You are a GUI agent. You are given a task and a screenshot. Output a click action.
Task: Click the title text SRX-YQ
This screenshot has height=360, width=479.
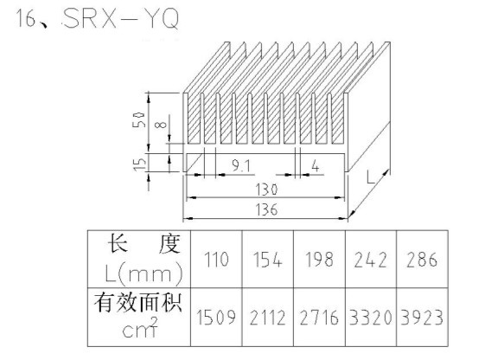pos(121,18)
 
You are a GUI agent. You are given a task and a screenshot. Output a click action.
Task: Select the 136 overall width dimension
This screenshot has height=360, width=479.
pos(266,210)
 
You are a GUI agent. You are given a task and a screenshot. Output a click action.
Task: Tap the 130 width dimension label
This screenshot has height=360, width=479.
pos(266,190)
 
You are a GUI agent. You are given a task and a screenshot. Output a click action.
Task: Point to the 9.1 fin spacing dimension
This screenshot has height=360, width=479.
pos(241,166)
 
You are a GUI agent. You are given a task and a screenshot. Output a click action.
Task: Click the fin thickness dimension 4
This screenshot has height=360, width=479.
pos(316,167)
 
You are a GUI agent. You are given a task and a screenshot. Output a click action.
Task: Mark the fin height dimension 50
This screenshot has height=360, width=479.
pos(138,119)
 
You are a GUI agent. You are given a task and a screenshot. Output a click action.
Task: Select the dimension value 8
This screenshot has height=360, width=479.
pos(161,125)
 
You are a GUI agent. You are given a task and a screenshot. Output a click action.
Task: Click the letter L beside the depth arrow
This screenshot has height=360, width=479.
pos(370,177)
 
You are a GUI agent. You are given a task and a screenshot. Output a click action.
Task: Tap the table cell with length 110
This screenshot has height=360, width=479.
pos(216,259)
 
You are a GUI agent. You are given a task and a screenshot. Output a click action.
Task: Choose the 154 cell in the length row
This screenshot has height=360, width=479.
pos(268,260)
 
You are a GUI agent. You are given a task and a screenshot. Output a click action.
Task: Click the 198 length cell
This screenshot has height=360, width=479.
pos(319,260)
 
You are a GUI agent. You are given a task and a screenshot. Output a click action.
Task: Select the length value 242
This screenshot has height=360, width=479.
pos(371,260)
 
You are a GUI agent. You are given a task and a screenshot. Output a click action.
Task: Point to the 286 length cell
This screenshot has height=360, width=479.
pos(422,260)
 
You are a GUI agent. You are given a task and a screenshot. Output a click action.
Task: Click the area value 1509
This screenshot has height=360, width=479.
pos(216,318)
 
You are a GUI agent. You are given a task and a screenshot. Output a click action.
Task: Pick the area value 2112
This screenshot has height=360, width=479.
pos(268,318)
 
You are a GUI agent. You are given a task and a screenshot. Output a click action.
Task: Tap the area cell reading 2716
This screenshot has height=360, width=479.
pos(319,318)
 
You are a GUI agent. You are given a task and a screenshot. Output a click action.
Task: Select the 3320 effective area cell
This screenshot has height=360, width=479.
pos(371,318)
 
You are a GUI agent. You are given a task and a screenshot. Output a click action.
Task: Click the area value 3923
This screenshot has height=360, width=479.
pos(422,318)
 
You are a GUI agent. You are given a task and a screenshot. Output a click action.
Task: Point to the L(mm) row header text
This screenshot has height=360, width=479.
pos(144,273)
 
